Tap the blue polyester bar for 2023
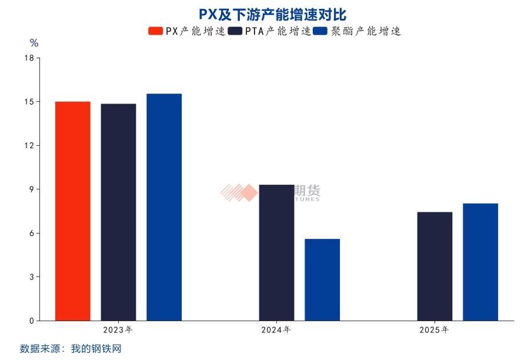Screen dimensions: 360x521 point(164,207)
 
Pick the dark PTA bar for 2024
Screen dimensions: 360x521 point(276,252)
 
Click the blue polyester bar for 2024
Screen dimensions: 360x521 point(322,279)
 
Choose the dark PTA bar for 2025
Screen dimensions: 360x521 point(435,266)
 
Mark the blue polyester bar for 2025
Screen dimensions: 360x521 point(480,262)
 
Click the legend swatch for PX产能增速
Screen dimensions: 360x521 point(155,31)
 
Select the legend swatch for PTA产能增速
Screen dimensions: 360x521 point(235,31)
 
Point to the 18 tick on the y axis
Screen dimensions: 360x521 point(29,58)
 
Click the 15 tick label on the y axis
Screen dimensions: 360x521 point(29,102)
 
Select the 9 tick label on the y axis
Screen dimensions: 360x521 point(31,189)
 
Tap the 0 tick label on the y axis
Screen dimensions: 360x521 point(31,321)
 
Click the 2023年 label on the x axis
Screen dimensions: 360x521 point(118,330)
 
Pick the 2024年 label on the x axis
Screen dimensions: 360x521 point(276,330)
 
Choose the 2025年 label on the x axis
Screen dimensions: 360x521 point(434,330)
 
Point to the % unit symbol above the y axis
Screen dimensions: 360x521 point(34,43)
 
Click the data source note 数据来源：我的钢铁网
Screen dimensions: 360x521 point(71,349)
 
